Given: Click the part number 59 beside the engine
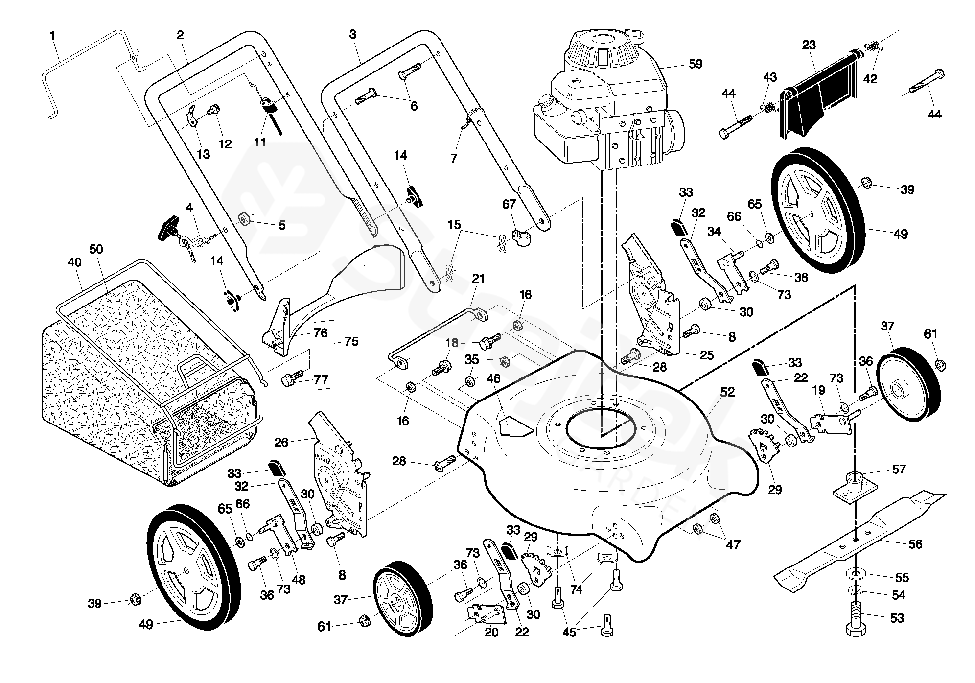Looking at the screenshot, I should (x=695, y=64).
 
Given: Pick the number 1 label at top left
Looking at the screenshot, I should (x=52, y=36).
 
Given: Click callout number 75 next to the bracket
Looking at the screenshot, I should (x=351, y=341).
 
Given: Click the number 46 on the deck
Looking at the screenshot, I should (x=493, y=378).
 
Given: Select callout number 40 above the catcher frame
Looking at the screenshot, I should (x=74, y=262).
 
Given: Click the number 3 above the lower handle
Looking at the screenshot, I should (x=352, y=34).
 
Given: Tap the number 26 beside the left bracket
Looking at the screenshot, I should (x=281, y=443).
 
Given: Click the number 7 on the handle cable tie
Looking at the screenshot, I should (x=454, y=158).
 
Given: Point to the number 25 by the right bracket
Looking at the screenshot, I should (x=707, y=355).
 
